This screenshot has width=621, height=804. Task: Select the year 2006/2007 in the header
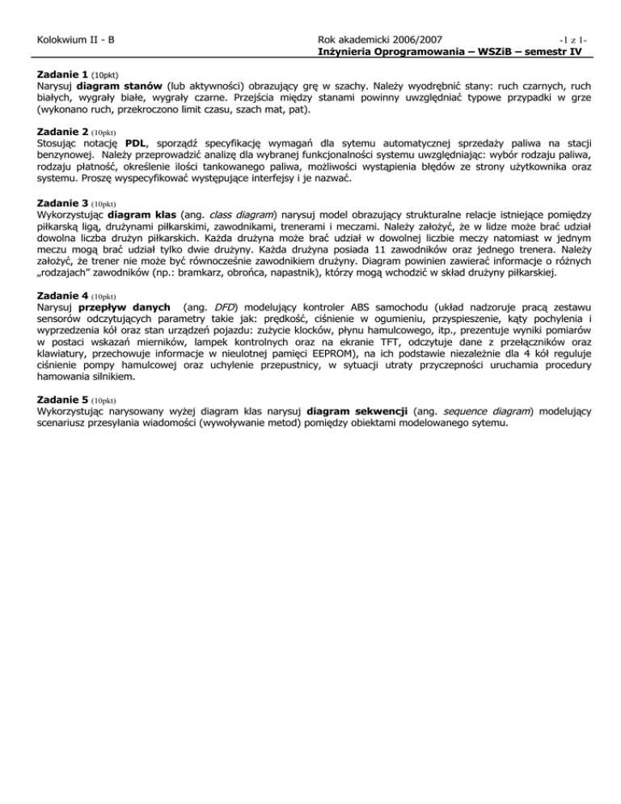(425, 38)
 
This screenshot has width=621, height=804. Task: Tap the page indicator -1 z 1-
(568, 39)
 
